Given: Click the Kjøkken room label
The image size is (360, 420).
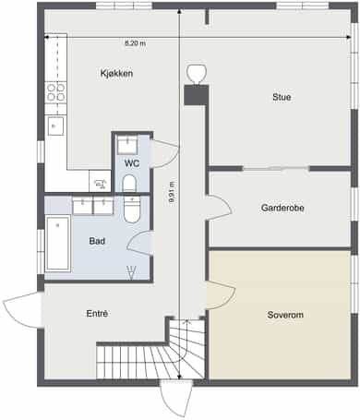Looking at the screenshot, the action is coord(116,74).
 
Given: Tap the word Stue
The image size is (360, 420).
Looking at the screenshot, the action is coord(282,97).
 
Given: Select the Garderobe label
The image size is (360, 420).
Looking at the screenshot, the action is coord(282,208).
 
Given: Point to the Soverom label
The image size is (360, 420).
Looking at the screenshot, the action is coord(285,315).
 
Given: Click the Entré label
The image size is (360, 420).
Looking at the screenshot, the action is coord(97,314).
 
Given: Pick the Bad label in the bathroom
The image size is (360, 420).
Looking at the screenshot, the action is coord(97,241).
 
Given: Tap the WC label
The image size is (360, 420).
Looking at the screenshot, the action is coord(132,163).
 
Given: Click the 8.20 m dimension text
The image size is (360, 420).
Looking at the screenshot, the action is coord(135,43).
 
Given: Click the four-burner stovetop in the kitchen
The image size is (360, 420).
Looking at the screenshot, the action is coord(56,92).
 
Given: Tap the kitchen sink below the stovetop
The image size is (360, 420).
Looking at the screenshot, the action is coord(55,126).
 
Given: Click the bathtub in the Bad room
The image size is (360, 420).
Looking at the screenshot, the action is coord(58,244).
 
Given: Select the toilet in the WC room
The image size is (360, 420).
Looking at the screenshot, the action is coord(129,184).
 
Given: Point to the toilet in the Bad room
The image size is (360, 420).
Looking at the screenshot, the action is coord(132,210).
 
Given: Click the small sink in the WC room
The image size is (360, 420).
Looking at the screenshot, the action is coord(127,146).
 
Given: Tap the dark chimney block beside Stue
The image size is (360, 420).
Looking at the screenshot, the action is coord(197,95).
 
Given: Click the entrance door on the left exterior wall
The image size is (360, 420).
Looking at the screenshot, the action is coord(21,309).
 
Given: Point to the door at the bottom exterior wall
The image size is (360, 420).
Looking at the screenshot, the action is coord(176,398).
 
